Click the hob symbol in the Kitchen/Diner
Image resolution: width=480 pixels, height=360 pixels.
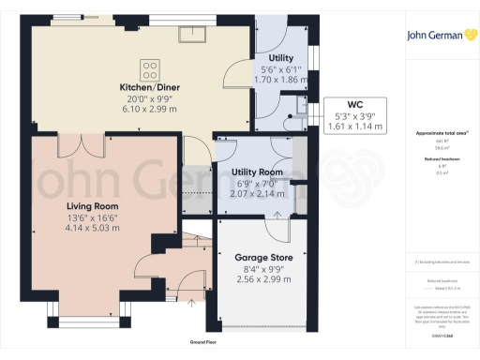[x=150, y=69]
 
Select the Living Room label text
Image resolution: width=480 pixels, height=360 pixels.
[x=91, y=204]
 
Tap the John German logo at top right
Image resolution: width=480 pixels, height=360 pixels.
[x=437, y=37]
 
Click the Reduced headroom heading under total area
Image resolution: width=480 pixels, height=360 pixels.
[x=437, y=160]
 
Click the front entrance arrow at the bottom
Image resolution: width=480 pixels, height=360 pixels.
[x=190, y=302]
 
